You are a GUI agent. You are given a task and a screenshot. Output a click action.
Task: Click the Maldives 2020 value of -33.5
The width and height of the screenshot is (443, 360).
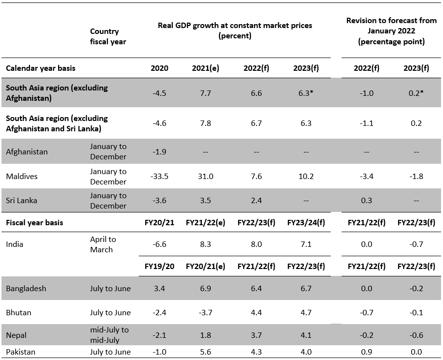point(159,177)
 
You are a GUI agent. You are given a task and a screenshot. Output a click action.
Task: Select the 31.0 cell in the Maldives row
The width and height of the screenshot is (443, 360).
point(205,177)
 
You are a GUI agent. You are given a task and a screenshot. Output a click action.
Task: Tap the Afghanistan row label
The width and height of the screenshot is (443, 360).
point(27,151)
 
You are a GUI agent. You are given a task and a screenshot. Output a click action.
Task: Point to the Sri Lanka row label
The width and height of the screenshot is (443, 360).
point(22,201)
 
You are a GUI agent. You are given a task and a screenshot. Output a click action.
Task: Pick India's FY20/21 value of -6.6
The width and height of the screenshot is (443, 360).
point(159,244)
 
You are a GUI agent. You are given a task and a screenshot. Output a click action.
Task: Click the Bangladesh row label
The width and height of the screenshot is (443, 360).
point(26,289)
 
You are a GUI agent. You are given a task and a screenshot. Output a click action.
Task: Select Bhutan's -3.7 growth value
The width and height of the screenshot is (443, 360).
point(205,313)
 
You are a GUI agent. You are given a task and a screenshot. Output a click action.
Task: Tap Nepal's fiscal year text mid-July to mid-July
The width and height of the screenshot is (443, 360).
point(109,335)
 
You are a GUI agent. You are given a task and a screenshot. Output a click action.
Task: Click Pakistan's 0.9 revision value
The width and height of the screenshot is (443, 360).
point(366,352)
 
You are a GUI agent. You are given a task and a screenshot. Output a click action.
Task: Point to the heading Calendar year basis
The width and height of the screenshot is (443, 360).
point(41,68)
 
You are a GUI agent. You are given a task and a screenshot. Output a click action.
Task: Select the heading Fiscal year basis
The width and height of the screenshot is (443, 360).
point(34,222)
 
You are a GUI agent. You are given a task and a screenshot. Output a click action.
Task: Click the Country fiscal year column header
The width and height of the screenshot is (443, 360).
point(108,36)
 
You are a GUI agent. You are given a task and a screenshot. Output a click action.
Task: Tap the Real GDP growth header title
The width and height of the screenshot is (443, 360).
point(235,30)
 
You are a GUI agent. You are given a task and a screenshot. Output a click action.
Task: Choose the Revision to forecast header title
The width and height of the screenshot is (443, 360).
point(391,31)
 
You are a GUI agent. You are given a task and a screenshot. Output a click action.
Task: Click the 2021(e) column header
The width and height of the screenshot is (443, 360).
point(205,68)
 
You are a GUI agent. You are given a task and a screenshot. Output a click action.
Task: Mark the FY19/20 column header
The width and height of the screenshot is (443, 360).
point(159,266)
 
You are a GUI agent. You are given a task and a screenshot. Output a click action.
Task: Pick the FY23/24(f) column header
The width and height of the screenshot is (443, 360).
point(306,222)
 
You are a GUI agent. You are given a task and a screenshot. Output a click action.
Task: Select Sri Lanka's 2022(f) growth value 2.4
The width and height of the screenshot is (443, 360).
point(256,201)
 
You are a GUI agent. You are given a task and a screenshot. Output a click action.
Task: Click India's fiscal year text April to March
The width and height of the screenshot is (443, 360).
point(103,244)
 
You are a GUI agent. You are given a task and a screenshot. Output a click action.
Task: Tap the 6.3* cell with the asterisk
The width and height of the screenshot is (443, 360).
point(306,93)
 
